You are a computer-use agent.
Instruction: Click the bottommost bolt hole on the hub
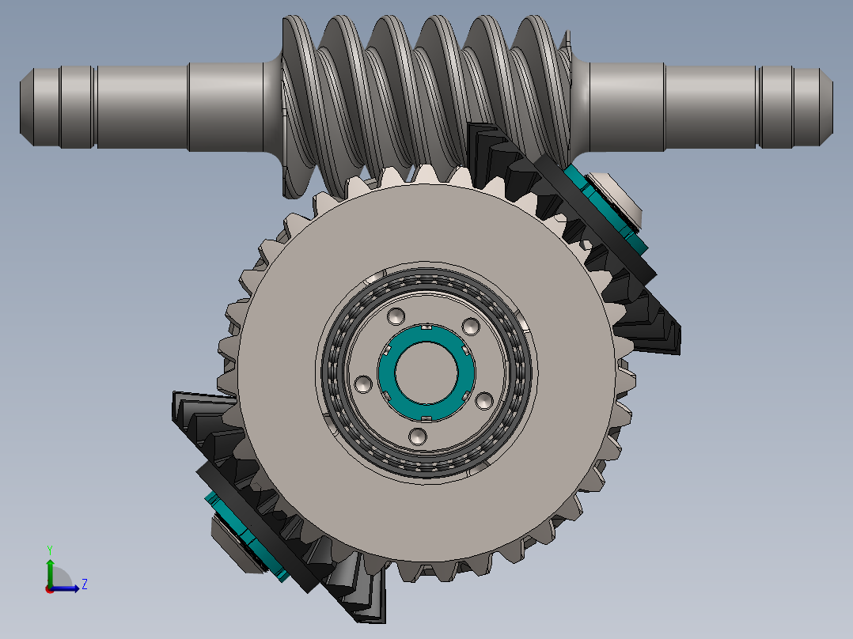tap(419, 436)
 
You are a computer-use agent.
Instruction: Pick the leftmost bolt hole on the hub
tap(363, 384)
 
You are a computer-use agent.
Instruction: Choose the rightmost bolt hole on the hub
tap(483, 401)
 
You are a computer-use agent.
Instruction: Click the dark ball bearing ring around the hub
tap(336, 372)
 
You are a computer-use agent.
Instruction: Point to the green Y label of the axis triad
tap(49, 548)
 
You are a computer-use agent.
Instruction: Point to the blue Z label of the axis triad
tap(84, 584)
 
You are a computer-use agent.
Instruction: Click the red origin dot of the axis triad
tap(49, 588)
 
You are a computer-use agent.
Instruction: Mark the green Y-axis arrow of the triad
tap(49, 569)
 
